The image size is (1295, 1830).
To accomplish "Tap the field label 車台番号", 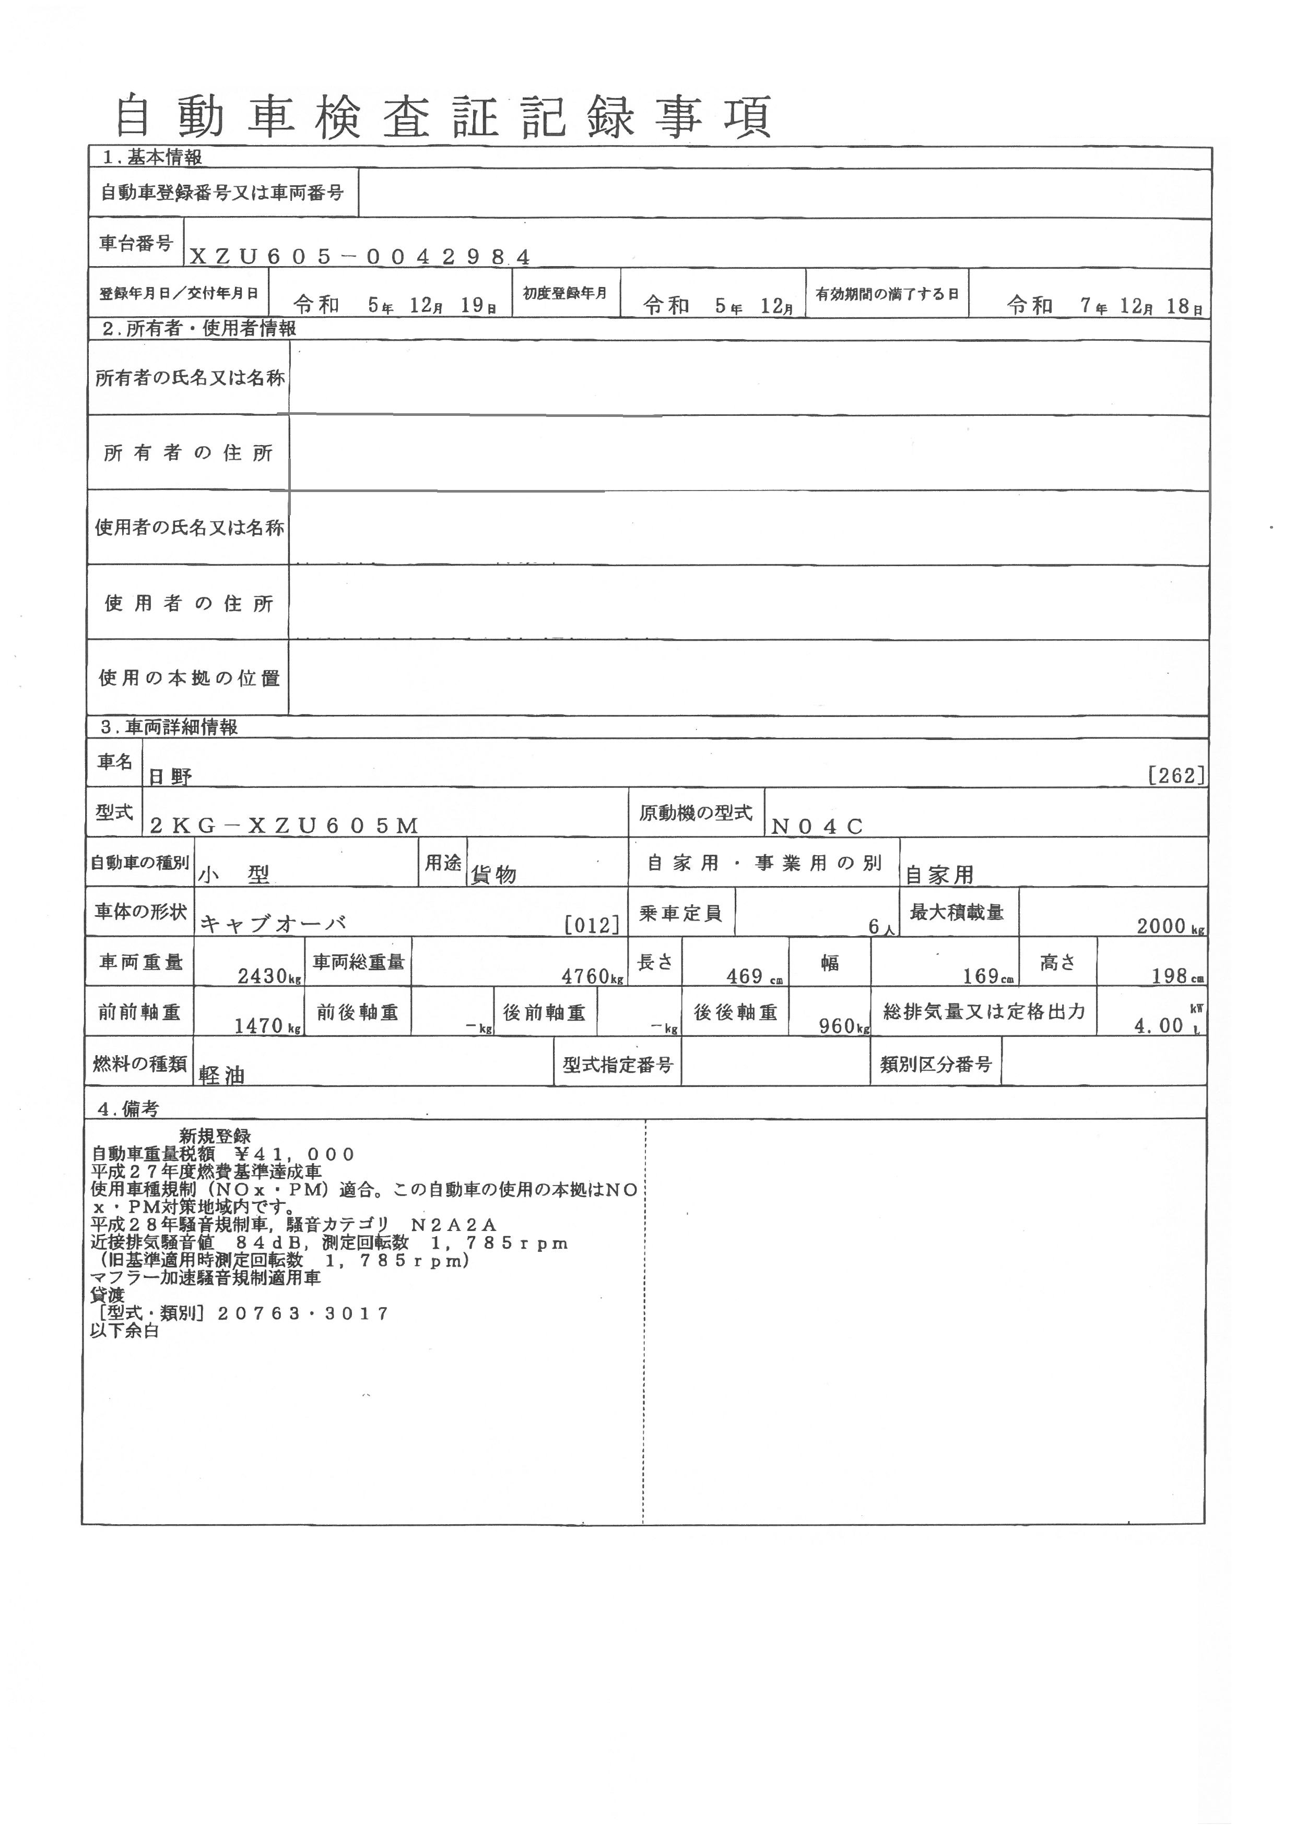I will [136, 243].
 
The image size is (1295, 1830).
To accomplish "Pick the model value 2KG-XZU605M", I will [284, 826].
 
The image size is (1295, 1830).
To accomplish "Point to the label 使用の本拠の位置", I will [189, 678].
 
